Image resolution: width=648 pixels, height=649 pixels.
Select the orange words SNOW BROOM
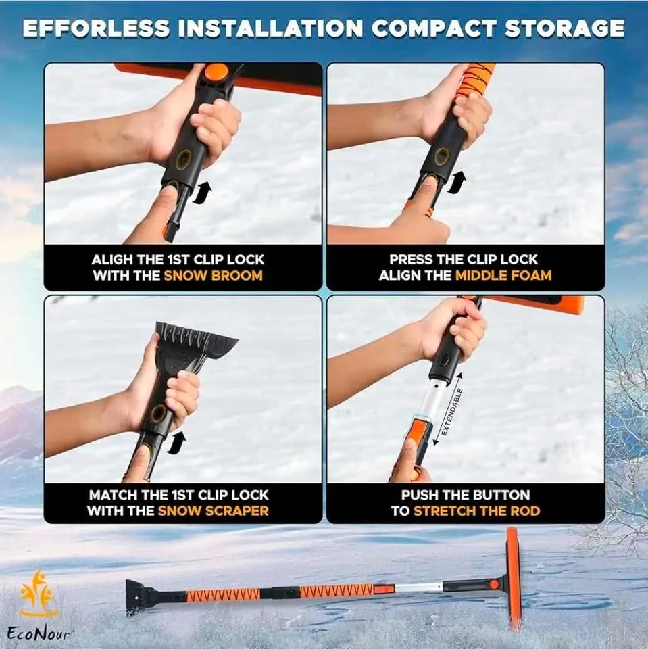(x=213, y=276)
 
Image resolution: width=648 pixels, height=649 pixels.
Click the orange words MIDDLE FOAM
(x=503, y=276)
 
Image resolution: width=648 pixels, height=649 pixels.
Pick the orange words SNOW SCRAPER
(x=213, y=511)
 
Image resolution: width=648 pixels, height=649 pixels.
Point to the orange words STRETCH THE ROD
(x=476, y=511)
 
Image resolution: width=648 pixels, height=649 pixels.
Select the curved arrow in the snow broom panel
(x=201, y=194)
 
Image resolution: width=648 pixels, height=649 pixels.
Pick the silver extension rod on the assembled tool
(x=419, y=589)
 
